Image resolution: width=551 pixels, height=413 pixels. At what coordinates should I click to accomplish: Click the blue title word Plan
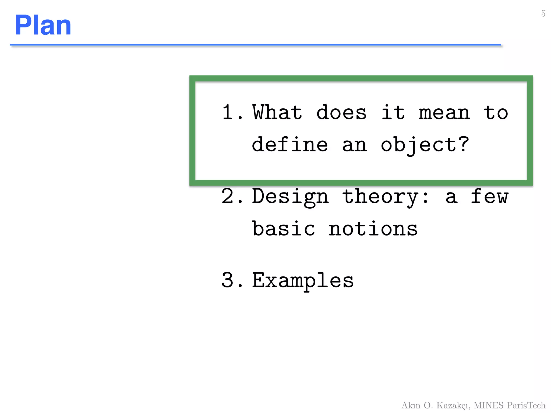(43, 25)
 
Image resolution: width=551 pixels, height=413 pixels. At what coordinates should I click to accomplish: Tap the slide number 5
(543, 13)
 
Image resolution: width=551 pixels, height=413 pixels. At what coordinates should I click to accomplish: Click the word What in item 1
(277, 112)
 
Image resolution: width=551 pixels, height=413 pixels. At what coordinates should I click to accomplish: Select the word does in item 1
(341, 112)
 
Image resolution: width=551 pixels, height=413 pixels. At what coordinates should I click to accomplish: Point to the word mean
(444, 113)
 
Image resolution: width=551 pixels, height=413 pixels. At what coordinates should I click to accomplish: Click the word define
(290, 144)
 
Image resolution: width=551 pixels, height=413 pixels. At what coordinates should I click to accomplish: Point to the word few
(489, 196)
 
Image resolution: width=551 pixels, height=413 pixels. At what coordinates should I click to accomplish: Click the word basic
(283, 229)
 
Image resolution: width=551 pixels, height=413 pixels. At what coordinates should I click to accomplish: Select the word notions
(373, 229)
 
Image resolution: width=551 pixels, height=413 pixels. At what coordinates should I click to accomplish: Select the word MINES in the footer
(488, 405)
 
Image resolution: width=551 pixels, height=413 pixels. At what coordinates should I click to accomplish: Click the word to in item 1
(496, 113)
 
